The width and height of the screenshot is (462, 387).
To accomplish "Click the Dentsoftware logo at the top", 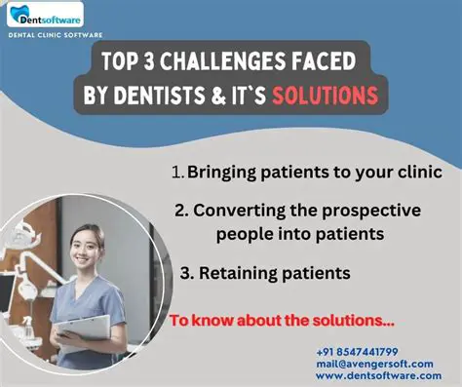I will coord(48,17).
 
